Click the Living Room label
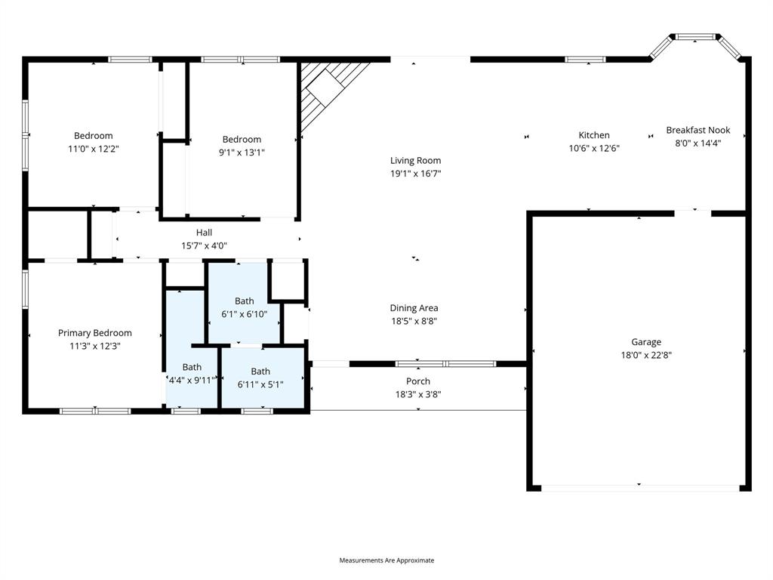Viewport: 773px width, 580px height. (415, 160)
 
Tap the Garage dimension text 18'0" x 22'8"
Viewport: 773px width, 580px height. (646, 354)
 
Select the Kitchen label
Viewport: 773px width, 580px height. (594, 135)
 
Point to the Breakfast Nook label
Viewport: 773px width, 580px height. (698, 130)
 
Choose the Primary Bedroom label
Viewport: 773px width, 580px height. (95, 333)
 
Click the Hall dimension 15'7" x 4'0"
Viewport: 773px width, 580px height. (204, 245)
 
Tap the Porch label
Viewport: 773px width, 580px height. (418, 381)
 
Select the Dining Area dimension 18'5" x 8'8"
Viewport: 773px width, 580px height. (414, 320)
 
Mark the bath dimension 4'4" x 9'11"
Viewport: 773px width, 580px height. (192, 380)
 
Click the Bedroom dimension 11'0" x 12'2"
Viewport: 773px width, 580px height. (94, 149)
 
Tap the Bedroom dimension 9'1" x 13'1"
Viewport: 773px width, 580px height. (242, 152)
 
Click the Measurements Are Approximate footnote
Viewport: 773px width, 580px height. (386, 560)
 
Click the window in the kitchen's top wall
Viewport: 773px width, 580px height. (585, 60)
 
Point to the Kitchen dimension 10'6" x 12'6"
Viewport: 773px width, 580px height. (594, 148)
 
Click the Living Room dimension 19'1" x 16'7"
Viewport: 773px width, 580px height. (415, 173)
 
